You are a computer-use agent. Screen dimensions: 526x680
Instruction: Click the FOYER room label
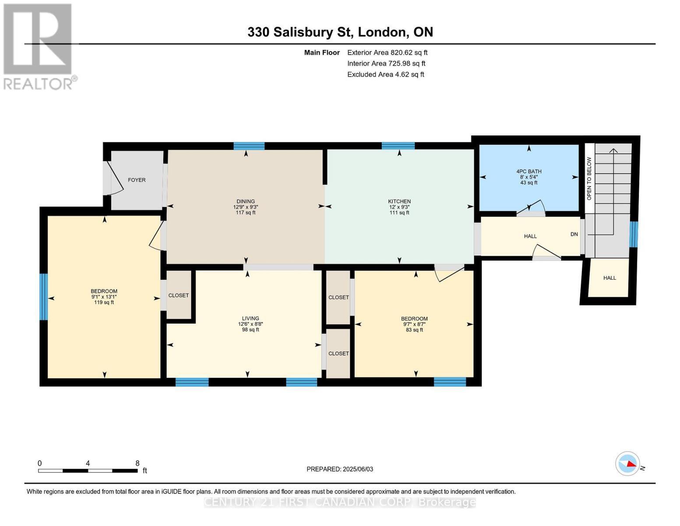click(x=137, y=180)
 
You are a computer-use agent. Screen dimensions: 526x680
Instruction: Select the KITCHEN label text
click(x=399, y=202)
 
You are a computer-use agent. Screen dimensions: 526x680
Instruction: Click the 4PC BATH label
click(x=529, y=172)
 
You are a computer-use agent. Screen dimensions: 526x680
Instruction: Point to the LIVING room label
click(x=250, y=319)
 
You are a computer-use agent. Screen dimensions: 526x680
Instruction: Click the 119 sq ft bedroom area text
click(x=104, y=302)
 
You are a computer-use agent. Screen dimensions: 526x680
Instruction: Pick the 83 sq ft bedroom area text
click(x=414, y=330)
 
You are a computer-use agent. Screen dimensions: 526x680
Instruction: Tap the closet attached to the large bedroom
click(x=179, y=295)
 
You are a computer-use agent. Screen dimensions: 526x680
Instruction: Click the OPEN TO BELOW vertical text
click(x=589, y=178)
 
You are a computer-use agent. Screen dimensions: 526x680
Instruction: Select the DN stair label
click(x=574, y=235)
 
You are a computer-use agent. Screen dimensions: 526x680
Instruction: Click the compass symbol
click(x=627, y=463)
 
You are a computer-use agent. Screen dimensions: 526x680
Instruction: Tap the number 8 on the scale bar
click(x=137, y=463)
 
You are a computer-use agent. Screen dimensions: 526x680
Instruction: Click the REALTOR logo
click(x=39, y=46)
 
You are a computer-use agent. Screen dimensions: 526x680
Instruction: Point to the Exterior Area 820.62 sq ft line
click(x=387, y=53)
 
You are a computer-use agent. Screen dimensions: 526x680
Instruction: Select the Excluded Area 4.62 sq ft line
click(x=385, y=75)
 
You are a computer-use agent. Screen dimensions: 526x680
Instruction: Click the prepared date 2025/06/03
click(x=358, y=469)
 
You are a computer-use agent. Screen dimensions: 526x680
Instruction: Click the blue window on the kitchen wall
click(x=398, y=146)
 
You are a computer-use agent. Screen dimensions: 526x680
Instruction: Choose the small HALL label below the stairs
click(x=610, y=278)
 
